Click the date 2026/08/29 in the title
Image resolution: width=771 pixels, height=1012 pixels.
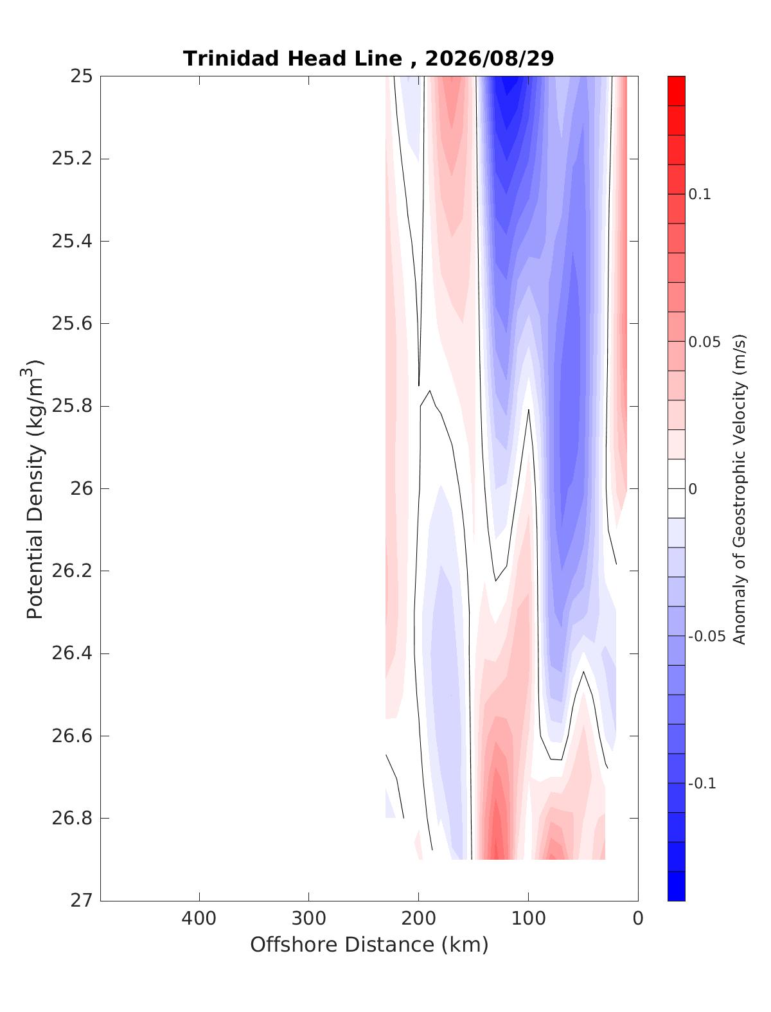tap(489, 59)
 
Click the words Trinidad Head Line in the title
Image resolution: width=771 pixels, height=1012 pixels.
tap(292, 59)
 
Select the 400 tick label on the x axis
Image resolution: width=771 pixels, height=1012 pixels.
tap(199, 918)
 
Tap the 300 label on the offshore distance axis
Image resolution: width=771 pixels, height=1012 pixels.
tap(309, 918)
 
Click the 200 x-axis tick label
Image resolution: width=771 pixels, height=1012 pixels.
tap(418, 918)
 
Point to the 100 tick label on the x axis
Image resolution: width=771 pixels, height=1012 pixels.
tap(528, 918)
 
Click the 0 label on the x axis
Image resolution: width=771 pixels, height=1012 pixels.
tap(638, 918)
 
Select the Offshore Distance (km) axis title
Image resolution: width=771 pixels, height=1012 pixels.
tap(369, 945)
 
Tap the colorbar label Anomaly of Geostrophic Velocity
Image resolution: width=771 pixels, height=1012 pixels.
tap(738, 489)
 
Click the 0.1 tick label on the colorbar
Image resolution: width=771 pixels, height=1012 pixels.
tap(700, 195)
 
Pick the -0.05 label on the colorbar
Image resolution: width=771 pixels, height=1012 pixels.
tap(707, 636)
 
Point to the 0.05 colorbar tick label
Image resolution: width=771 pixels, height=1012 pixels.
tap(704, 342)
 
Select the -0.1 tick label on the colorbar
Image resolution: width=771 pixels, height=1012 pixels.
tap(702, 783)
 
